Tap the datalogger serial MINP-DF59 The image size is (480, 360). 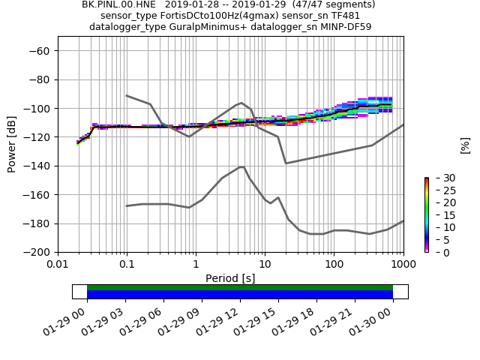point(343,27)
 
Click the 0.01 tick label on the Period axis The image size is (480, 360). point(58,265)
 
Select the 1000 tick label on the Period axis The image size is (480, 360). point(403,265)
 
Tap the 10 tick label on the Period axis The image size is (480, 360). point(265,265)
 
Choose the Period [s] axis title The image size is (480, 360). point(230,278)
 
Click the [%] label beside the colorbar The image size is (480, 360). point(465,145)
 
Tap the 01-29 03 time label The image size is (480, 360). point(108,319)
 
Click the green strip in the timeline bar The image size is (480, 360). point(240,287)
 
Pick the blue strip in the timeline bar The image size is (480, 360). point(240,295)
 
